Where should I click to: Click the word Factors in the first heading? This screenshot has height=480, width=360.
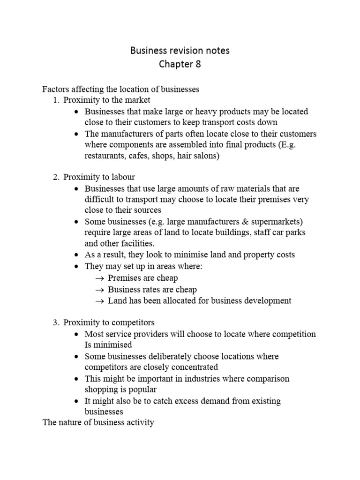click(x=56, y=89)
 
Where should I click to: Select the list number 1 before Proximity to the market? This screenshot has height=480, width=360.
click(x=56, y=100)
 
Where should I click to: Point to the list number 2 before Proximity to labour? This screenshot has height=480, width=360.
click(x=56, y=177)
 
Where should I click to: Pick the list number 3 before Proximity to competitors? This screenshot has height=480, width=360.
click(x=56, y=323)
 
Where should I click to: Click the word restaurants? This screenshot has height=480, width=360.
click(x=105, y=156)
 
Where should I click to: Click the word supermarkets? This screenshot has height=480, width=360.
click(x=268, y=221)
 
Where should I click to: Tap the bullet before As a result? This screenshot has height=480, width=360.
click(x=76, y=255)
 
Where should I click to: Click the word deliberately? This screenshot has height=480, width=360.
click(x=172, y=356)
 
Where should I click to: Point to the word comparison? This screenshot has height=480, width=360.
click(x=267, y=378)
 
